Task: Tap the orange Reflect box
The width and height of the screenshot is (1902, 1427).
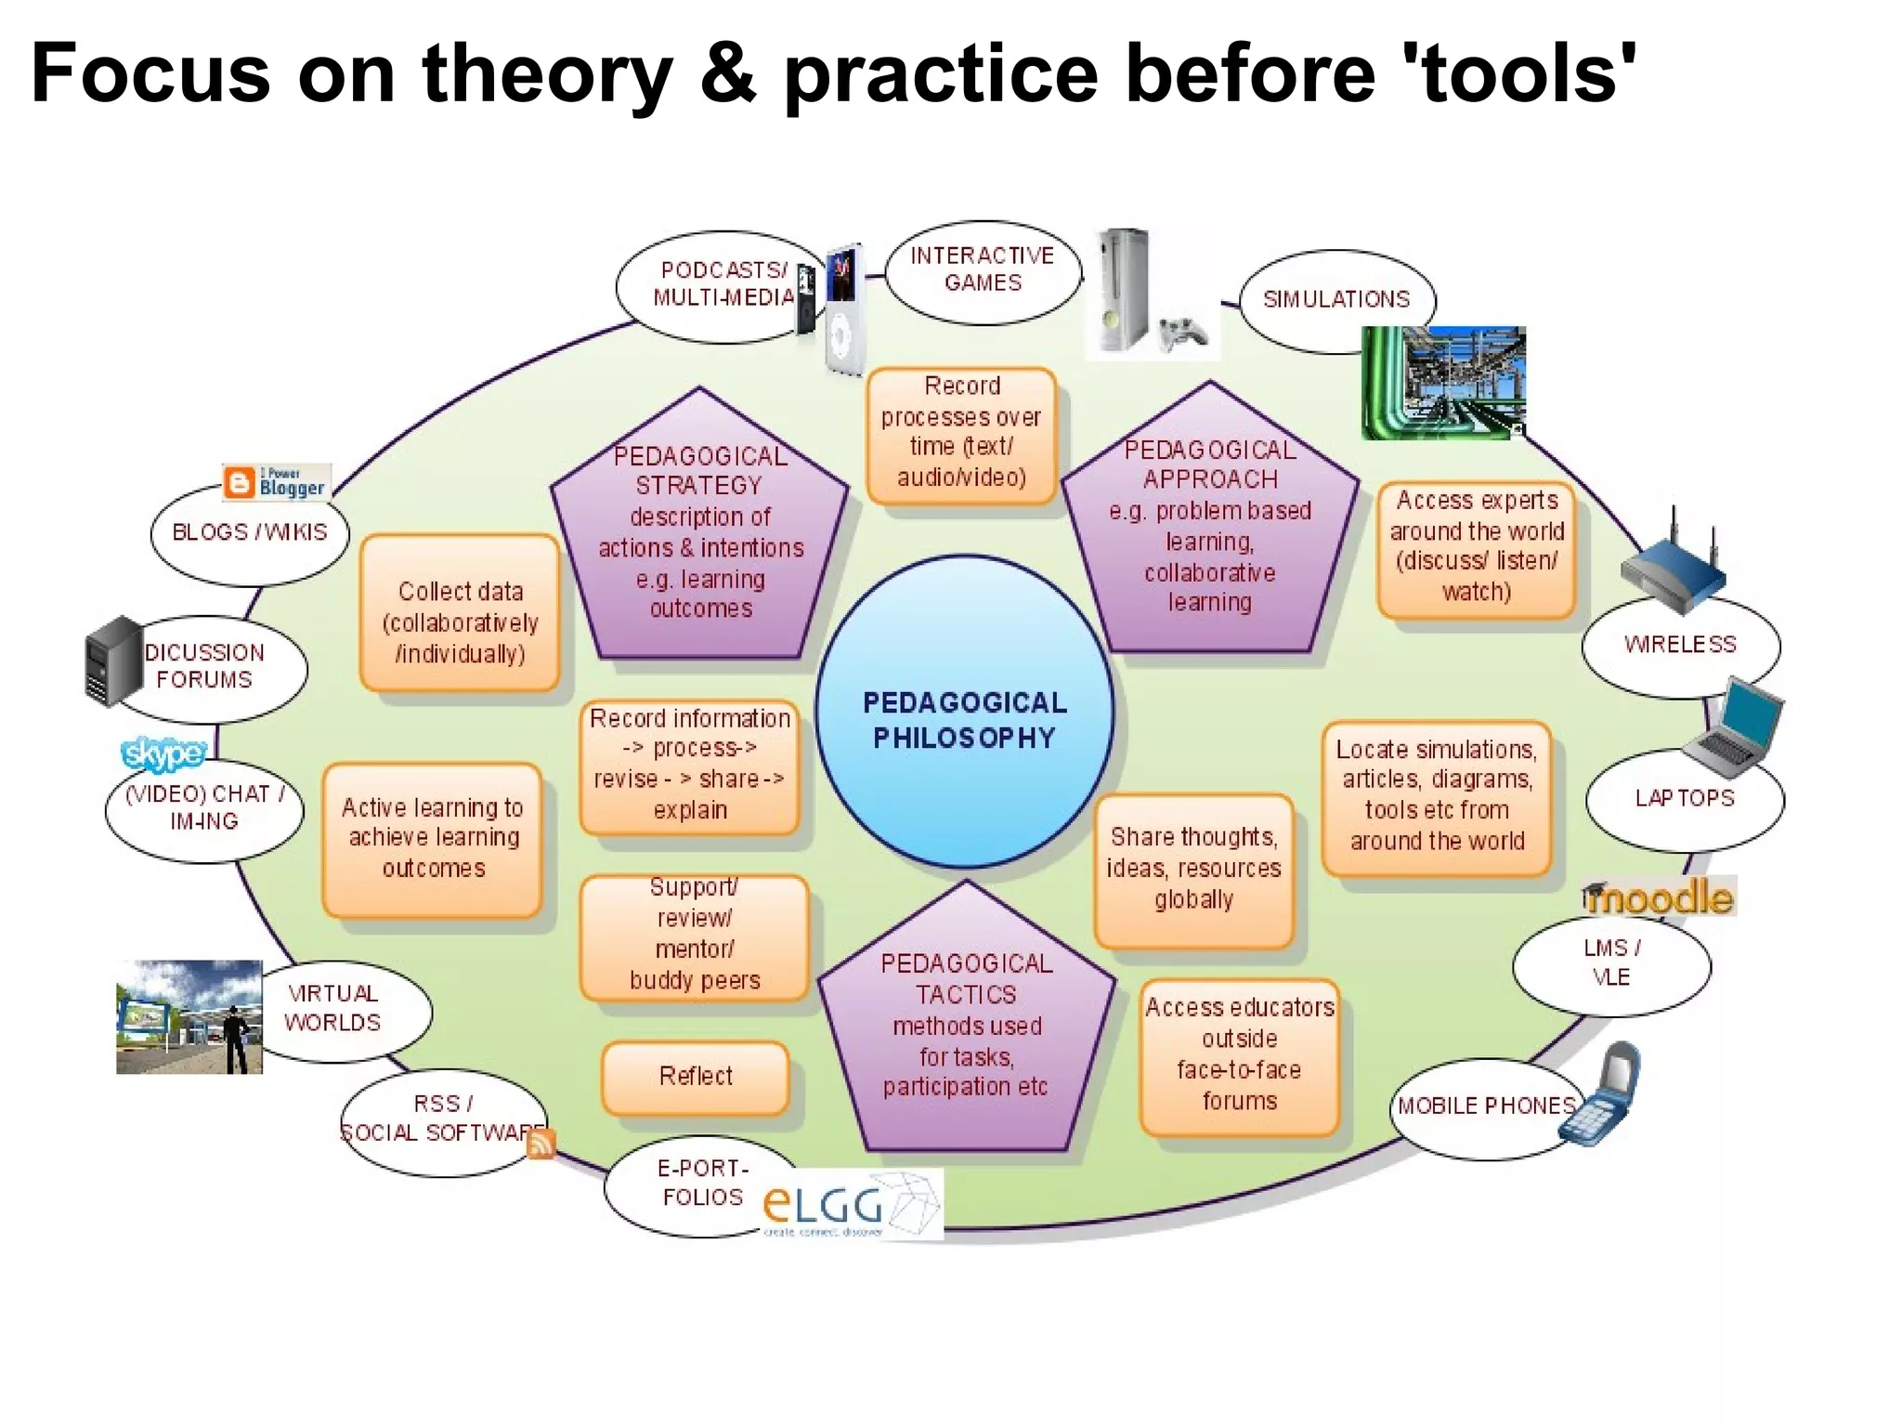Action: tap(696, 1076)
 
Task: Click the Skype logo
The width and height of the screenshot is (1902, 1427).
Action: tap(163, 753)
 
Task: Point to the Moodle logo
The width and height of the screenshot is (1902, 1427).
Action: tap(1659, 897)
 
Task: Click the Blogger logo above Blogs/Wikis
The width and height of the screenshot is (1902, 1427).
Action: tap(277, 482)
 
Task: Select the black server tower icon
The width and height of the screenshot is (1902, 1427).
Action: tap(112, 661)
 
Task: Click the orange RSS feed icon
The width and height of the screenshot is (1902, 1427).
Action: tap(541, 1144)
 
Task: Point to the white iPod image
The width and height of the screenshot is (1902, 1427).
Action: tap(843, 311)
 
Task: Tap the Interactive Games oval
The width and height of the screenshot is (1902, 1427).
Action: tap(983, 270)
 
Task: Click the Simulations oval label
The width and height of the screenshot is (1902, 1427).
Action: tap(1336, 299)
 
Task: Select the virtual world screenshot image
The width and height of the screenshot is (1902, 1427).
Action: tap(189, 1017)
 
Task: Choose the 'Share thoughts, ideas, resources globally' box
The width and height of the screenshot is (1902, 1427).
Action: tap(1194, 869)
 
